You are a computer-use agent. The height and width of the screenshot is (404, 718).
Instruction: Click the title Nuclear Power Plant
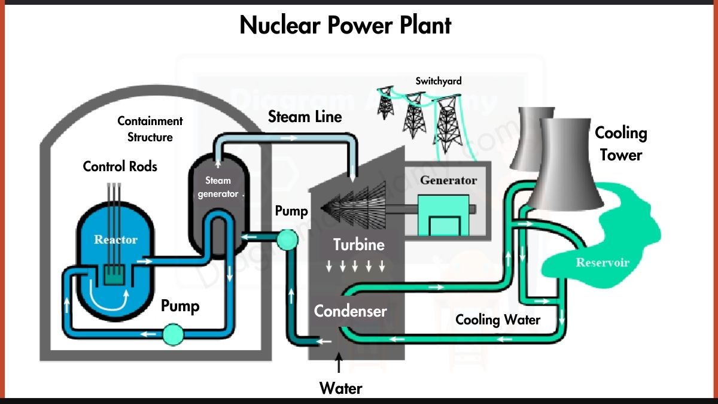pos(345,25)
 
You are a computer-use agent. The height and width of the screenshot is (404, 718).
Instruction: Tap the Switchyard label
pos(439,81)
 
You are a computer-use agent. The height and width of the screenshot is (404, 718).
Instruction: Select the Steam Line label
pos(305,116)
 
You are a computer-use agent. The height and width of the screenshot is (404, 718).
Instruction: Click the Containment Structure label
pos(150,129)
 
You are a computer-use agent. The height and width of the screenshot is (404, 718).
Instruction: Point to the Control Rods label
pos(120,166)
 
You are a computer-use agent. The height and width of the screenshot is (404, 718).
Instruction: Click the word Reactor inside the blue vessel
pos(115,240)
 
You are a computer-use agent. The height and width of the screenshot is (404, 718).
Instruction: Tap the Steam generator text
pos(218,187)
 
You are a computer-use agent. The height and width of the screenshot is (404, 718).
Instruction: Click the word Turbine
pos(359,244)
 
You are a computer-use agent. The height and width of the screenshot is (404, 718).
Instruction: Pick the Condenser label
pos(351,311)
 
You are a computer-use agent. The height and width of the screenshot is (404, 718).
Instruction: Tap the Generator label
pos(448,180)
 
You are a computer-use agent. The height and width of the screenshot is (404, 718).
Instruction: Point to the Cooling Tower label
pos(621,144)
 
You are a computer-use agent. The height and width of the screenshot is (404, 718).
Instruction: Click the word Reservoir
pos(603,262)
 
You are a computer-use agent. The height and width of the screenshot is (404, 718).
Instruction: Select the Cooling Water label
pos(498,320)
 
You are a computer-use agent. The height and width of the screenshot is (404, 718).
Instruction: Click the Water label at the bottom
pos(340,388)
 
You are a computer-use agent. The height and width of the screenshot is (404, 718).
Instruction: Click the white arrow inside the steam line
pos(291,137)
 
